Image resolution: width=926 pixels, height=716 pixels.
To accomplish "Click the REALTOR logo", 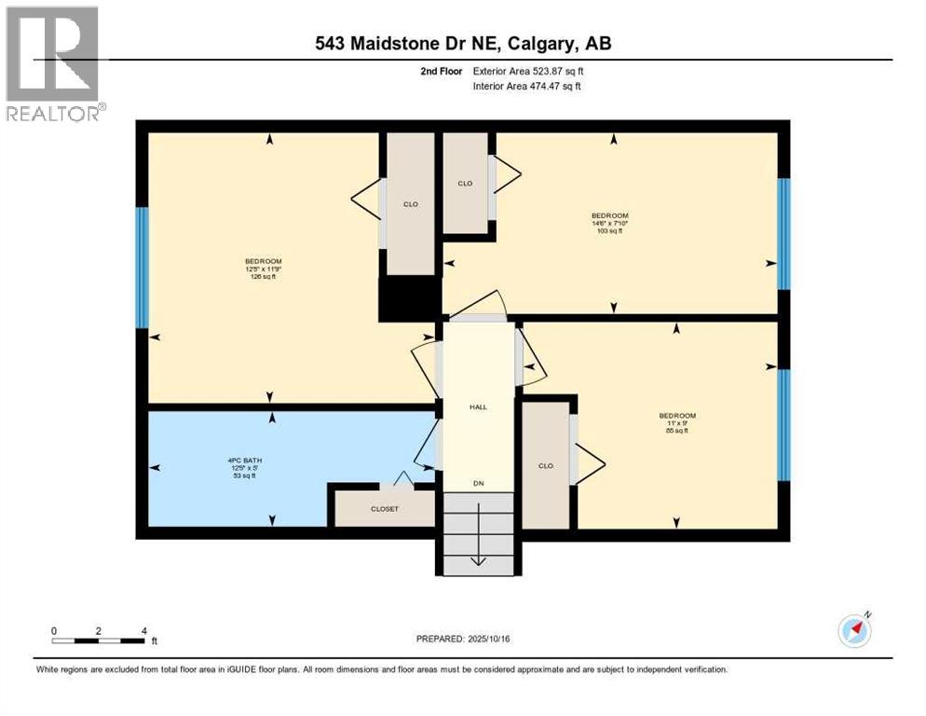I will [x=53, y=63].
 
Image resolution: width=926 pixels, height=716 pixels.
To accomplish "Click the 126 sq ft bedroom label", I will [x=263, y=268].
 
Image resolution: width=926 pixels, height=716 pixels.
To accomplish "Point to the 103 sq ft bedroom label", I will [x=610, y=223].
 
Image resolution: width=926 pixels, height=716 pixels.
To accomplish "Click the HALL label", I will [x=478, y=406].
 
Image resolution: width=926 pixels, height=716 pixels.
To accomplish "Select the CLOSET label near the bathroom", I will [x=385, y=509].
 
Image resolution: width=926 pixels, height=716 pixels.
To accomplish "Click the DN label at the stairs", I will [x=478, y=483].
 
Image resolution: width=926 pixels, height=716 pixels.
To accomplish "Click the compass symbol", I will [x=854, y=631].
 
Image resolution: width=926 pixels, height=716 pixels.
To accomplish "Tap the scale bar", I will [x=99, y=640].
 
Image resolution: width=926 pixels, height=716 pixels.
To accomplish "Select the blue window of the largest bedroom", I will [x=142, y=268].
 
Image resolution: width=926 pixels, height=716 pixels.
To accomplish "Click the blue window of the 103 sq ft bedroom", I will [x=783, y=233].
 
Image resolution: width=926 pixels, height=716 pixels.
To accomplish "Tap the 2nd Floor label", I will [x=443, y=71].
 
